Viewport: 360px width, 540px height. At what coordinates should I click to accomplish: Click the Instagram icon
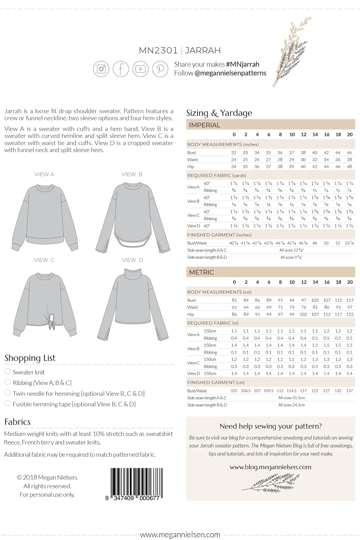101,69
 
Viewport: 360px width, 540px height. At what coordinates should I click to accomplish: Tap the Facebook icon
121,69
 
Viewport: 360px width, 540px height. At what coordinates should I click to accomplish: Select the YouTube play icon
140,69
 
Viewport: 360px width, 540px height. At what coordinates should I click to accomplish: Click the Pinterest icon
160,69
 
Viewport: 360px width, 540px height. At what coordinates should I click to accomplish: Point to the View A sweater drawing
45,216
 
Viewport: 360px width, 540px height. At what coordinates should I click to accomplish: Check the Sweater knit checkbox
8,371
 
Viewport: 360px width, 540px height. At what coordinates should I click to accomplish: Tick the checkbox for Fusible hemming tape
8,403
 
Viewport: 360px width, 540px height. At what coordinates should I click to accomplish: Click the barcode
136,483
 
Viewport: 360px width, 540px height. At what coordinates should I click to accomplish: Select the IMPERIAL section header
205,125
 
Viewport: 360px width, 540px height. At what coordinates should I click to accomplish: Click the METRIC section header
202,272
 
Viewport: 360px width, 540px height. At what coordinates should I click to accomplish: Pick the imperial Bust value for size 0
234,152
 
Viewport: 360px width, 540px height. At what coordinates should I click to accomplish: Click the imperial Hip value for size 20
349,166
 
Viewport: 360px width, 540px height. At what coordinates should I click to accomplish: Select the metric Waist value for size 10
292,307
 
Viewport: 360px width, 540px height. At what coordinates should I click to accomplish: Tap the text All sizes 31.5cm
292,398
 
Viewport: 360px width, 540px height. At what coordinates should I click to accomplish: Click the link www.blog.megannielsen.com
270,467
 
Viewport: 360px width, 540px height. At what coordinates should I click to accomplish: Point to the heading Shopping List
30,358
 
